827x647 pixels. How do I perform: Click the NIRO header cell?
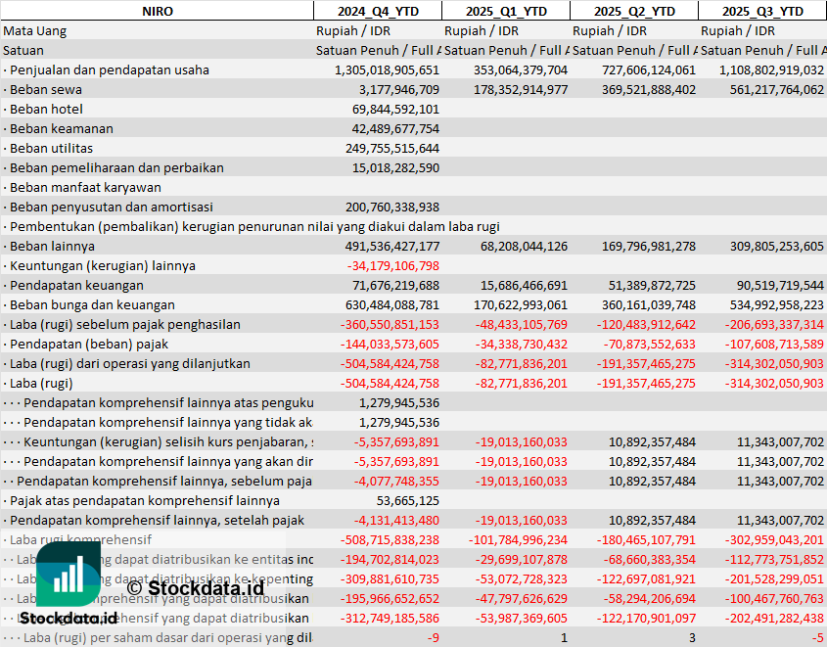(x=157, y=11)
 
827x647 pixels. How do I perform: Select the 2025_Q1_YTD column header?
(x=505, y=11)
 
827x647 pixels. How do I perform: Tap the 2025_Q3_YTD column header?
(x=762, y=11)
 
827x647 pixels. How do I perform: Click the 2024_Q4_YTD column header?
(x=377, y=11)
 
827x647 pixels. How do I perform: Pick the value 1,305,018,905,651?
(x=387, y=69)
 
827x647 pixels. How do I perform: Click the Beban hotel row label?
(x=46, y=109)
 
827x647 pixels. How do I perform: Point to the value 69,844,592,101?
(x=395, y=109)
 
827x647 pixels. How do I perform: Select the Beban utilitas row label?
(x=51, y=148)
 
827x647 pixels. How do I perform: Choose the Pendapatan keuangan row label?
(x=76, y=285)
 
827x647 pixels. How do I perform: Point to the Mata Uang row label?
(x=35, y=30)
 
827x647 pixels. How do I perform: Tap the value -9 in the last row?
(x=433, y=637)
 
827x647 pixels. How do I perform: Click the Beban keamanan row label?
(x=61, y=128)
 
